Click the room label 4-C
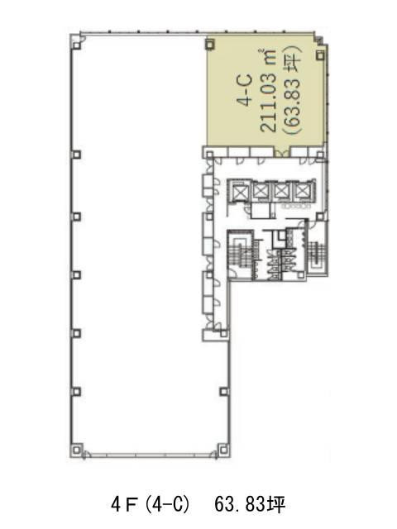click(x=246, y=90)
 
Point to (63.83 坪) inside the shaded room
click(x=293, y=90)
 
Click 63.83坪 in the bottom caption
click(x=250, y=505)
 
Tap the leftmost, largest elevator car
click(x=239, y=193)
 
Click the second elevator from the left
click(x=261, y=191)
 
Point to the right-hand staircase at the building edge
click(x=318, y=255)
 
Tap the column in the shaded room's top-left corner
click(x=210, y=44)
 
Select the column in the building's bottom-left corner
click(x=77, y=450)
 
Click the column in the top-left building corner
click(x=77, y=45)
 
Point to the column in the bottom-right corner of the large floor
click(x=223, y=450)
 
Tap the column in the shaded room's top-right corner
click(x=320, y=55)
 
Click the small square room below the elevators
click(x=261, y=212)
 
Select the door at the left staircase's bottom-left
click(x=233, y=274)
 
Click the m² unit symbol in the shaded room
click(x=268, y=57)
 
